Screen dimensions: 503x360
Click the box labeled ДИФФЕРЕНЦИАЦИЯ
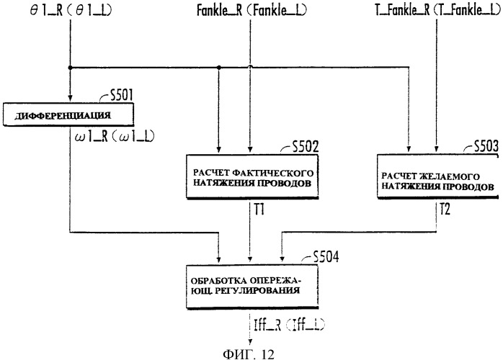coord(68,114)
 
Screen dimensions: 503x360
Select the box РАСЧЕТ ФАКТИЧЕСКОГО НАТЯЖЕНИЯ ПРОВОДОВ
coord(252,177)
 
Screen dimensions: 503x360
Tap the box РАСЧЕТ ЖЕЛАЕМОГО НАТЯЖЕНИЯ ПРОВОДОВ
coord(438,176)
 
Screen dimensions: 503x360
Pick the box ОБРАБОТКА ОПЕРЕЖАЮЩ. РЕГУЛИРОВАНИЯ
coord(252,287)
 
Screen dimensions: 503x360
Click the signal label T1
coord(259,210)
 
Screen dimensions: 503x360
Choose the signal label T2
coord(445,210)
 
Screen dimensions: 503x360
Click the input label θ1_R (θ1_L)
coord(71,10)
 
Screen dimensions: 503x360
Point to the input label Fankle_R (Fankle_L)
coord(251,10)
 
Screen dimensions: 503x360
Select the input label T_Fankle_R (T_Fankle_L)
coord(437,10)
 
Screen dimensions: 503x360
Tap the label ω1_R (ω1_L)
coord(115,137)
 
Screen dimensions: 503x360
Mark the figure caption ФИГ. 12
coord(249,354)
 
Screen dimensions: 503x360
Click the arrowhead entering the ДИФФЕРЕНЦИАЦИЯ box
coord(70,99)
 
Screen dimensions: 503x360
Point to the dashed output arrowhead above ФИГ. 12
coord(250,342)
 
